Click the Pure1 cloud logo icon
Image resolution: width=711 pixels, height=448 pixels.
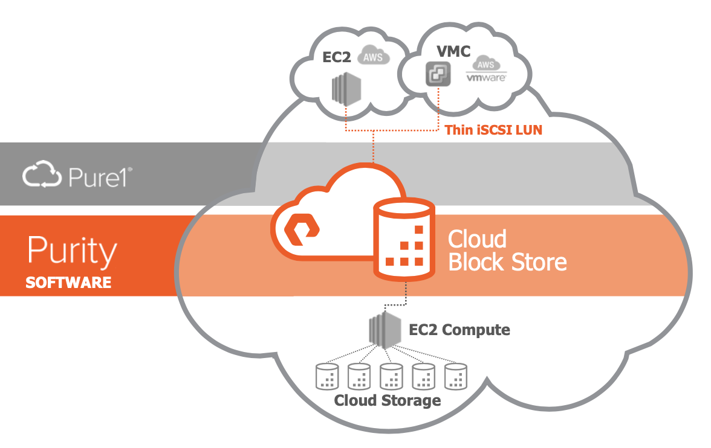point(42,174)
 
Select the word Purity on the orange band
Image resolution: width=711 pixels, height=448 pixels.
point(72,251)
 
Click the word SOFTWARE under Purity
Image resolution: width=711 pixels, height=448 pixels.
point(68,282)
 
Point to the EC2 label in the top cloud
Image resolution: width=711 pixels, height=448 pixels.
point(336,57)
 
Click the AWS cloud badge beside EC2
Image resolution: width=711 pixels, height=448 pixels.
point(373,56)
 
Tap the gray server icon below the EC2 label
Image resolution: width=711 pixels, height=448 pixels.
point(346,90)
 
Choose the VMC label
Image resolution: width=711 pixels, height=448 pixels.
point(453,51)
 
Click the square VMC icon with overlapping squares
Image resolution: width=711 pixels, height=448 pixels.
point(438,74)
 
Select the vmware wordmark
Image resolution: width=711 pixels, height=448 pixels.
point(486,77)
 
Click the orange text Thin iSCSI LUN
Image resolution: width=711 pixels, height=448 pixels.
point(493,130)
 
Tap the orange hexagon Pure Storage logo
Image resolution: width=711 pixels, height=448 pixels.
point(302,229)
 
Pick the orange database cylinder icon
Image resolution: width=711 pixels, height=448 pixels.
point(404,238)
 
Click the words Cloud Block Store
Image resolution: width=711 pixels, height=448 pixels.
point(507,251)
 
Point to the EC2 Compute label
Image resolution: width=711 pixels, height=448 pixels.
point(459,330)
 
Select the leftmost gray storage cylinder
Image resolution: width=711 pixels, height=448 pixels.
point(327,376)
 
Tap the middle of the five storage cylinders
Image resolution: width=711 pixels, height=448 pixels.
point(391,376)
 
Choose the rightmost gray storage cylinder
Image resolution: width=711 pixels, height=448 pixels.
point(456,376)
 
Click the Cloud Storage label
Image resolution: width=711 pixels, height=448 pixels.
point(387,400)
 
